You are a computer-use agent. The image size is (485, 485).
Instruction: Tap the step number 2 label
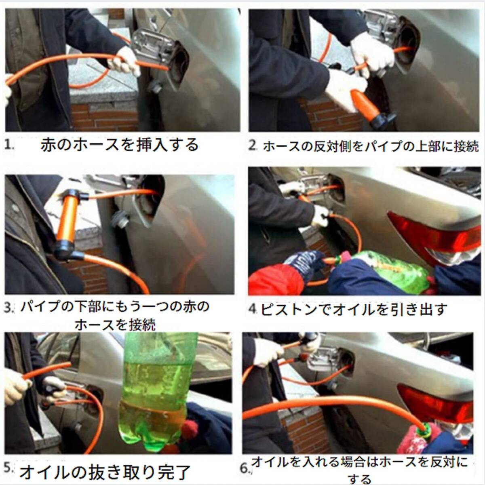tap(253, 145)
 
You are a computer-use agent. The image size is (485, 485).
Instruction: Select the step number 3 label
tap(9, 308)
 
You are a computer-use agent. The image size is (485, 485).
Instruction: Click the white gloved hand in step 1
tap(125, 62)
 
